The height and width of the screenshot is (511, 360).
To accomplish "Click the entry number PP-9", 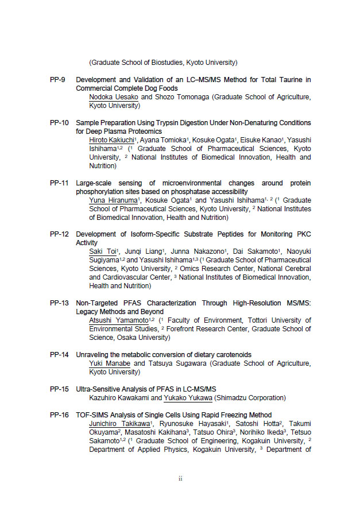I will tap(59, 80).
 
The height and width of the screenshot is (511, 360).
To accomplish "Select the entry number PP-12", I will tap(59, 234).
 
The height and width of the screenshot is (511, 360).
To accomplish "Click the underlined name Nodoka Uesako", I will tap(114, 98).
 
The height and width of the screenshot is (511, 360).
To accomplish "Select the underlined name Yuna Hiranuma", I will tap(113, 200).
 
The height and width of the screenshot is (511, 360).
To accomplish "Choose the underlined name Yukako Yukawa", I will tap(188, 398).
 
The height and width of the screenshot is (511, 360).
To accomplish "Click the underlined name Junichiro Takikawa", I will tap(119, 424).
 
